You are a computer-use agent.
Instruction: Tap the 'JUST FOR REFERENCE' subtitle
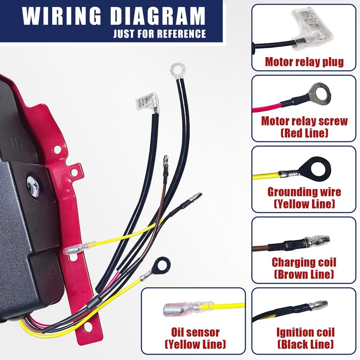(159, 34)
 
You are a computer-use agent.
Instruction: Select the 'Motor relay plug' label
(304, 62)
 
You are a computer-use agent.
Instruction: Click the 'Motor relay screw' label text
(304, 121)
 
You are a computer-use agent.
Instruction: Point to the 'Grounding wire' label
(304, 192)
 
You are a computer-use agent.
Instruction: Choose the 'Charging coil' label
(304, 262)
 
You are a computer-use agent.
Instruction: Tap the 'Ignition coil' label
(306, 333)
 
